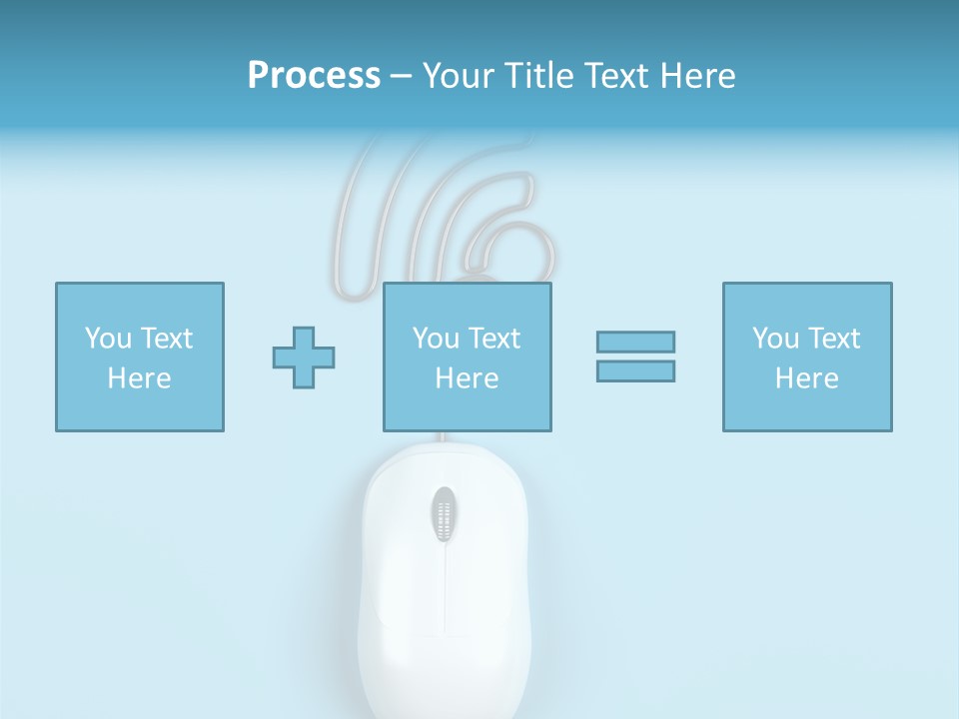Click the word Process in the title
[x=314, y=76]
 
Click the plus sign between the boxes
[x=304, y=358]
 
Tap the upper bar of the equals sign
[x=635, y=342]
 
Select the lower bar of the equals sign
[x=635, y=370]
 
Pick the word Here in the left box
[x=139, y=378]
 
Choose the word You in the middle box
[x=436, y=339]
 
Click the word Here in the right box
[x=806, y=378]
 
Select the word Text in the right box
[x=833, y=339]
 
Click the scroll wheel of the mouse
[x=445, y=514]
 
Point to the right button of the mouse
[x=489, y=539]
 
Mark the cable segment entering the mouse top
[x=440, y=438]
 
